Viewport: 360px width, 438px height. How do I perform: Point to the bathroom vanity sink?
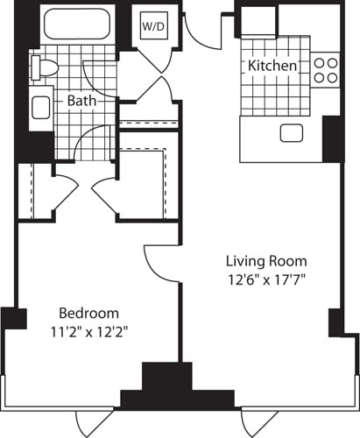tap(40, 108)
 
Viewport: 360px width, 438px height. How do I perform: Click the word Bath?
tap(82, 101)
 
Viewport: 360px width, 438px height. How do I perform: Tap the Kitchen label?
tap(272, 66)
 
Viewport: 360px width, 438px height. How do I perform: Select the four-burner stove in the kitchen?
tap(326, 69)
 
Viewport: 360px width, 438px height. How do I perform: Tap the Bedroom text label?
tap(88, 313)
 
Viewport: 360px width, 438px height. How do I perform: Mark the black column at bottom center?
tap(179, 385)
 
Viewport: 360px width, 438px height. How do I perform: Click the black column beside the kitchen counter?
tap(332, 138)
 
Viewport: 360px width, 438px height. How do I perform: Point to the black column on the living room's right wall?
tap(335, 321)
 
